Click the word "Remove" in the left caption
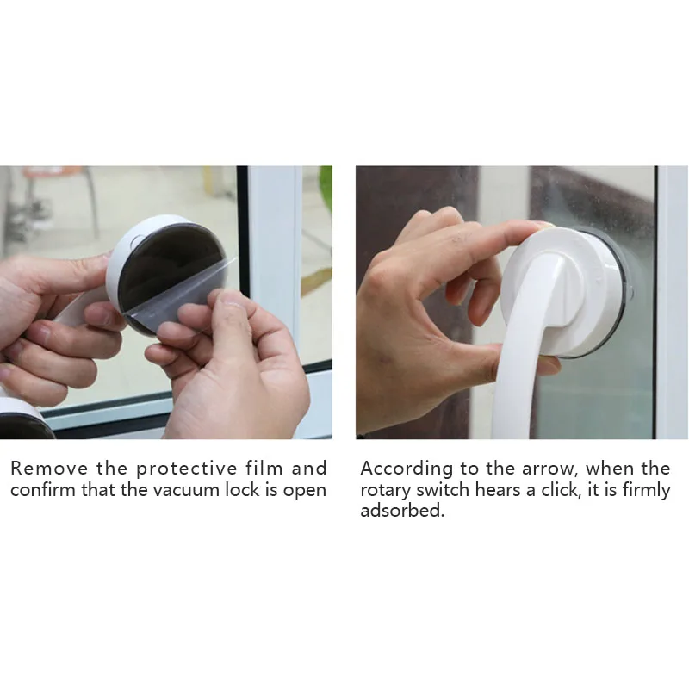click(49, 469)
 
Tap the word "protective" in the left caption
click(186, 469)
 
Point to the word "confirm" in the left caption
click(42, 489)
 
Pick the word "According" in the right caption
click(407, 469)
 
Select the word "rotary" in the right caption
click(385, 491)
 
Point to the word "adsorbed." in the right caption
click(402, 511)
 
